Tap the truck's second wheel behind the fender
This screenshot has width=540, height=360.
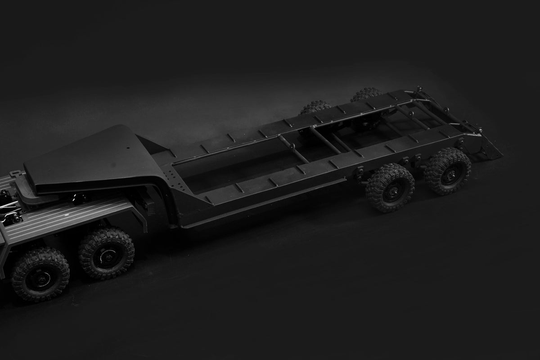coord(107,253)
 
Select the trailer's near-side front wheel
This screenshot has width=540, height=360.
coord(390,187)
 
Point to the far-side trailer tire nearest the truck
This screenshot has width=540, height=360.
coord(315,107)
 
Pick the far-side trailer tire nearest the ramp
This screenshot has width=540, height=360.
coord(366,94)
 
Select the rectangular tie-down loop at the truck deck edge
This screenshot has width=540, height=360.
coord(14,173)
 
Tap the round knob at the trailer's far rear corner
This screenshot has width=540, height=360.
coord(419,89)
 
